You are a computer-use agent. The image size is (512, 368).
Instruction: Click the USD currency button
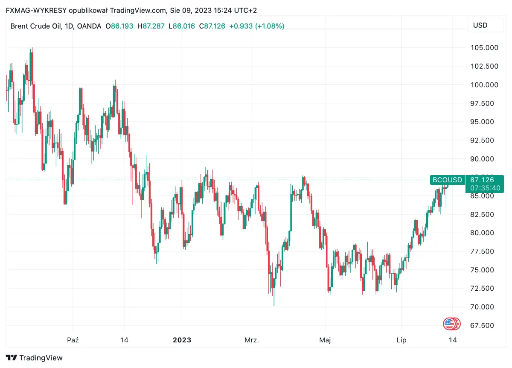[480, 25]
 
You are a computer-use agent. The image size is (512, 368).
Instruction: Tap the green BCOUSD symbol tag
[447, 180]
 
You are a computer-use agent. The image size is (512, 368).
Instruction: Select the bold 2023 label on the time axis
[182, 340]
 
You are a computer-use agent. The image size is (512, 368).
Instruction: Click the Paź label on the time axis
[73, 340]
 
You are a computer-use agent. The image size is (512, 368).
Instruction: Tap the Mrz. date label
[252, 340]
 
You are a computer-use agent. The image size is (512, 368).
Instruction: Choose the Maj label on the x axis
[325, 340]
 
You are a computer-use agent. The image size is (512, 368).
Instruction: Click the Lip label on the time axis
[401, 340]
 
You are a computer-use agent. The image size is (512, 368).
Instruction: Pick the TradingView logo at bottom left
[35, 358]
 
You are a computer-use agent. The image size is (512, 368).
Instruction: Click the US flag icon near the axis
[449, 324]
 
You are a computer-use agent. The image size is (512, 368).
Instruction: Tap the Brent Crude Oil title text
[36, 26]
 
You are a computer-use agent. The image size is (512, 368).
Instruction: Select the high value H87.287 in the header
[151, 26]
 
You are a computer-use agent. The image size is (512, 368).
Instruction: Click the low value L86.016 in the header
[182, 26]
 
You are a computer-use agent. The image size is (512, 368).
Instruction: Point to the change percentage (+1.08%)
[270, 26]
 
